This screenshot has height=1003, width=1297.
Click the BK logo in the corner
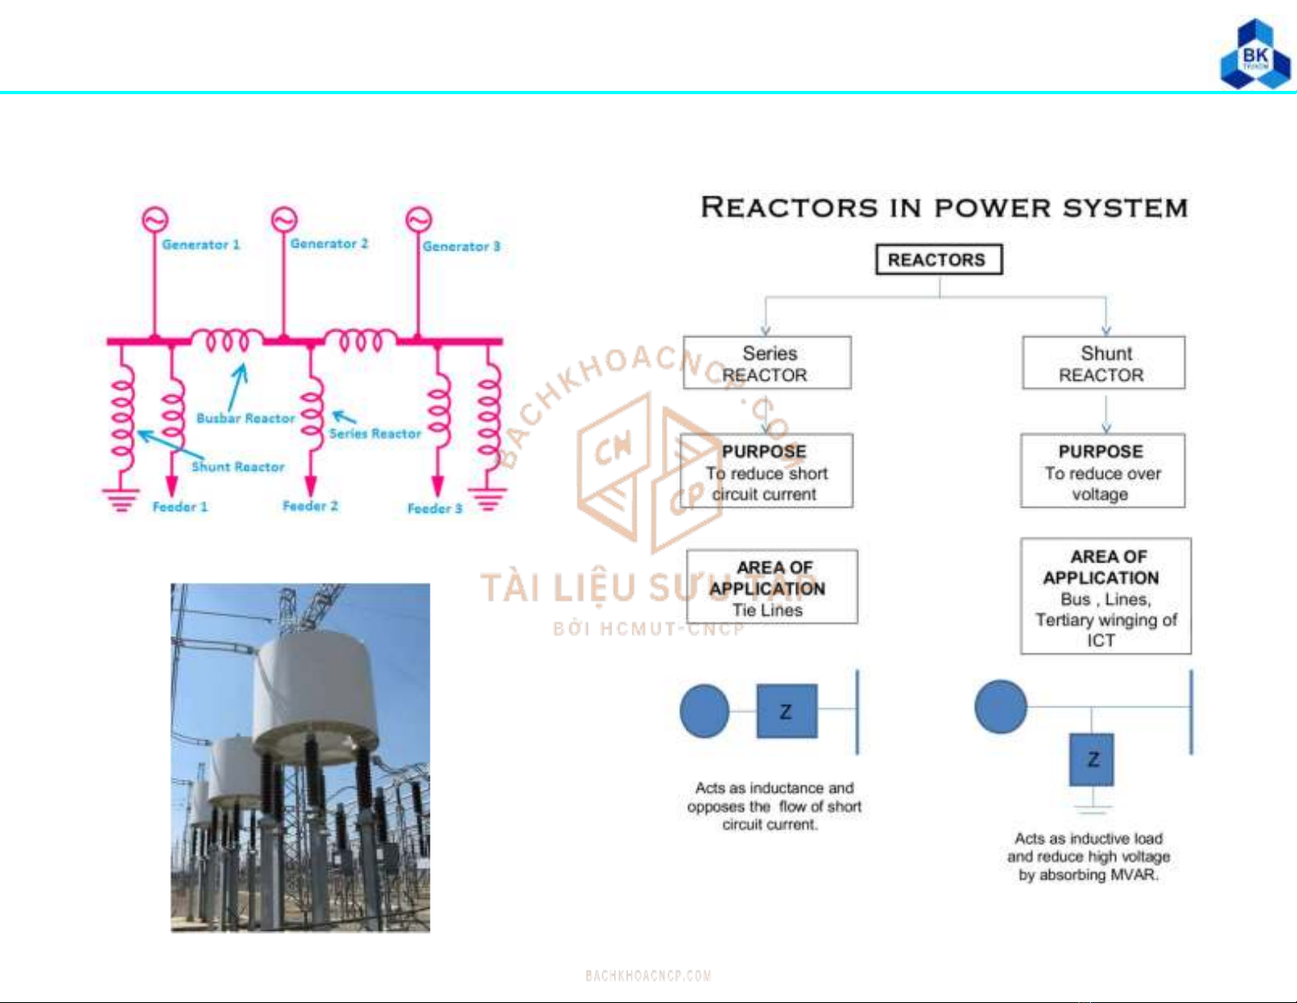[1254, 56]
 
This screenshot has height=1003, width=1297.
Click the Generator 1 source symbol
[155, 219]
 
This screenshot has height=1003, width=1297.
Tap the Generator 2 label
[329, 244]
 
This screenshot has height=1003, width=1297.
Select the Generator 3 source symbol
[418, 219]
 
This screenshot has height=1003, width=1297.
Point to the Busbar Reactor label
[245, 418]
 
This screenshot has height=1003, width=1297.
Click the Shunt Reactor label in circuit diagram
[237, 467]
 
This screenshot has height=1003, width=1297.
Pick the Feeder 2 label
[310, 506]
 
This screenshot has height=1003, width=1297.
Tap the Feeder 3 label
[435, 508]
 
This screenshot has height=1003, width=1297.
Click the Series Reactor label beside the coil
[375, 433]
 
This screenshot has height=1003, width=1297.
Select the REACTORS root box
[938, 260]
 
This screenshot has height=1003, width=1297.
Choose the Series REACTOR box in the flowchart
[767, 363]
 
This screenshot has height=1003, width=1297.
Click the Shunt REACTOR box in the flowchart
[1103, 363]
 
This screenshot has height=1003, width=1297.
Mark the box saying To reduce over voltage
[1101, 472]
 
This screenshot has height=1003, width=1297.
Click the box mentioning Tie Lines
[771, 587]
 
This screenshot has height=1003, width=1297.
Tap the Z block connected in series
[786, 711]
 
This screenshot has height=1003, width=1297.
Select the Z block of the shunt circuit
[1092, 759]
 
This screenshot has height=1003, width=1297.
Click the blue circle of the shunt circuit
[1000, 707]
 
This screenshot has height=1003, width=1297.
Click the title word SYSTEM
[1124, 208]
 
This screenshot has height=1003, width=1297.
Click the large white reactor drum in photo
[315, 688]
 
